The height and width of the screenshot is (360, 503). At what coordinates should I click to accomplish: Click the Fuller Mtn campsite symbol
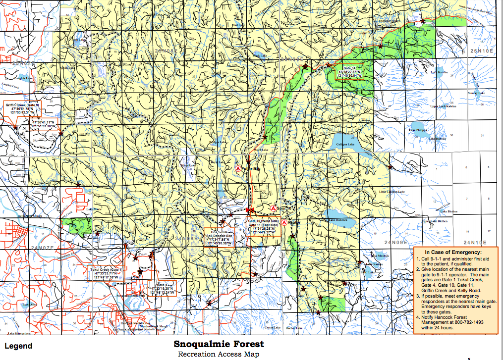click(237, 168)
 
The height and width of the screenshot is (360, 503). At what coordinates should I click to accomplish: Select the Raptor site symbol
click(283, 222)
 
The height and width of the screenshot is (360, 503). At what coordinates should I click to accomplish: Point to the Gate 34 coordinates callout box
click(349, 72)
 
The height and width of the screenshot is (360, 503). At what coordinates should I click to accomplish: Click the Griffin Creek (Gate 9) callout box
click(22, 109)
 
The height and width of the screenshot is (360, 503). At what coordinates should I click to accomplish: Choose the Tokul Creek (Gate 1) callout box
click(106, 273)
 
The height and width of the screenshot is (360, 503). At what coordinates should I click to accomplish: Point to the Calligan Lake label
click(344, 144)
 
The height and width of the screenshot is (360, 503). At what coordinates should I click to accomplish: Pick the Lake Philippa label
click(418, 130)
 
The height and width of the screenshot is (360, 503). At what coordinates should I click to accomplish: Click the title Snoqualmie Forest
click(219, 344)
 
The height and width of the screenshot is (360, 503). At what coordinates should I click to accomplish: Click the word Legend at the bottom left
click(18, 346)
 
